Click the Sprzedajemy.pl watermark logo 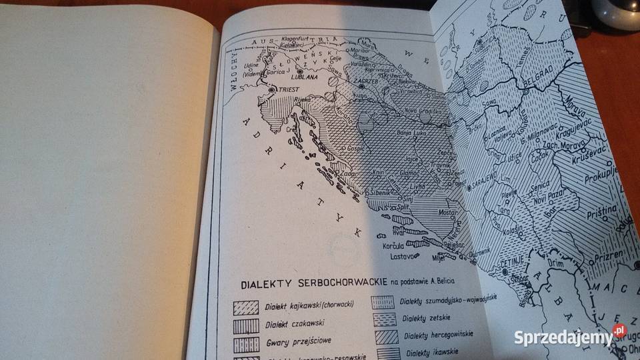(571, 337)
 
